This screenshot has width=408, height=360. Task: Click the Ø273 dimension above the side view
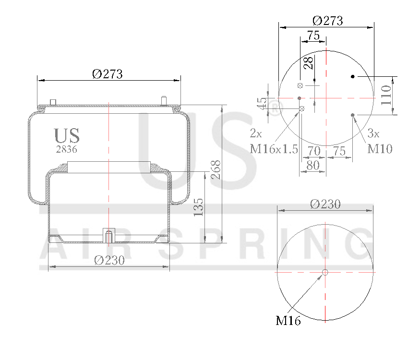(108, 74)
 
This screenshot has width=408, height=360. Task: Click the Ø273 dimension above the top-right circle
(327, 21)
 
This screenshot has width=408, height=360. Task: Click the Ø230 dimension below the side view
(109, 260)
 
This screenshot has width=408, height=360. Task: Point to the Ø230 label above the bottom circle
(325, 204)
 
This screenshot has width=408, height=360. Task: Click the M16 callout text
(288, 321)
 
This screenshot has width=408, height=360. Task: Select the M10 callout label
(380, 149)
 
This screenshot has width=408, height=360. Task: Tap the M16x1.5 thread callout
(274, 149)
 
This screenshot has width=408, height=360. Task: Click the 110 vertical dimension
(386, 96)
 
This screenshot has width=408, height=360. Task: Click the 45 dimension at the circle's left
(262, 104)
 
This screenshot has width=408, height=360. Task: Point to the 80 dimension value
(312, 165)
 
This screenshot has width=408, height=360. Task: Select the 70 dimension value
(314, 151)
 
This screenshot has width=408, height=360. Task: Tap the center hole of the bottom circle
(325, 273)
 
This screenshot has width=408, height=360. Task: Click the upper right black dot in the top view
(353, 77)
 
